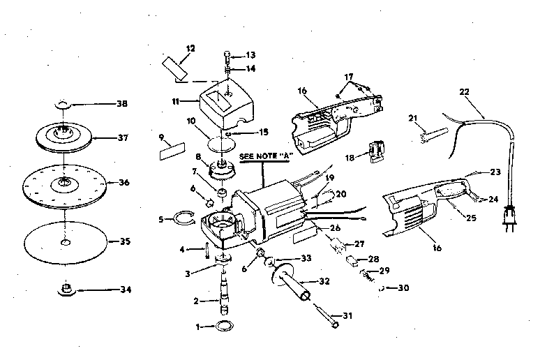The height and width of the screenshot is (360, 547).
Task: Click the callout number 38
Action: click(121, 104)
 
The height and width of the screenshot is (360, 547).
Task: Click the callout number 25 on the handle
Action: click(471, 218)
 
